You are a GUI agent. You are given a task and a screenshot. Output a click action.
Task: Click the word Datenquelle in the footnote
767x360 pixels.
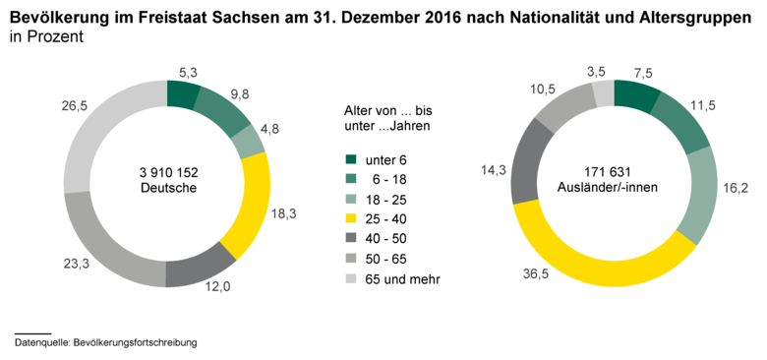click(42, 342)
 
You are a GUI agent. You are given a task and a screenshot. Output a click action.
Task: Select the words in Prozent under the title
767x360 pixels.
click(48, 34)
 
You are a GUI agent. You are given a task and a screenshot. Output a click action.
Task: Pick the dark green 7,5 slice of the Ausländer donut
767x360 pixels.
click(636, 95)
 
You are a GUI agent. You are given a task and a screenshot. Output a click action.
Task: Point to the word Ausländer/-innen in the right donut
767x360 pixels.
click(615, 187)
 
